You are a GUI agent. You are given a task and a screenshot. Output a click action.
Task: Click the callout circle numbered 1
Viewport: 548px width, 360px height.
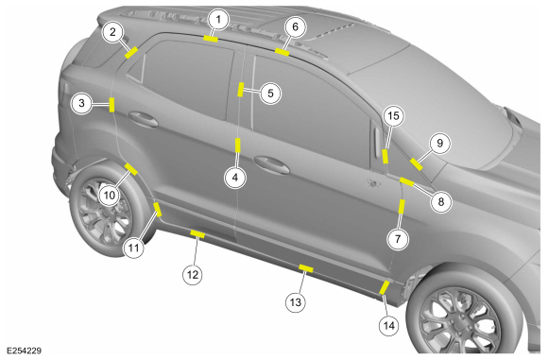click(x=218, y=19)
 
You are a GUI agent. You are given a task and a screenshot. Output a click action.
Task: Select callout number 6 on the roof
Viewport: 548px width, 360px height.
click(x=295, y=26)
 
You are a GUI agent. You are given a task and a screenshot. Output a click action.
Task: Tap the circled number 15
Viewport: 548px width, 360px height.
click(x=393, y=115)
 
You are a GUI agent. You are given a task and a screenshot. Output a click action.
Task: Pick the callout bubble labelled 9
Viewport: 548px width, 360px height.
click(x=439, y=143)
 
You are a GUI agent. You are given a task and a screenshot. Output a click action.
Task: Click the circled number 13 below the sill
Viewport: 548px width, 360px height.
click(x=296, y=302)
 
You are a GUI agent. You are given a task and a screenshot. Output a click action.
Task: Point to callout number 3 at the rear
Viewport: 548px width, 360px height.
click(x=81, y=103)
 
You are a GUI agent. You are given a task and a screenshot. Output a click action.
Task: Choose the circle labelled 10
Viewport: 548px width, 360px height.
click(x=110, y=195)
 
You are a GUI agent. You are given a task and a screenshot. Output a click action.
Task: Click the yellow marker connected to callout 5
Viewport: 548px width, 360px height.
click(x=240, y=89)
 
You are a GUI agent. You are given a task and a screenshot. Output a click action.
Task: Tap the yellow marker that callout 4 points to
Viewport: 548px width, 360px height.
click(x=238, y=146)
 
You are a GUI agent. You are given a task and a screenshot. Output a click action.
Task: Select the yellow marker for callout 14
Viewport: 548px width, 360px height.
click(x=385, y=287)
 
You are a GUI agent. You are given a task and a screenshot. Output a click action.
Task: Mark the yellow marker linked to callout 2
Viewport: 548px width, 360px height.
click(x=131, y=53)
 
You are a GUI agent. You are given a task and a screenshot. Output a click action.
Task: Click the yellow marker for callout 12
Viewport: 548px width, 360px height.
click(x=197, y=233)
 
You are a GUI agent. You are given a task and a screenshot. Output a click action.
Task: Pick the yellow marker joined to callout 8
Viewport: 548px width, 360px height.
click(x=407, y=181)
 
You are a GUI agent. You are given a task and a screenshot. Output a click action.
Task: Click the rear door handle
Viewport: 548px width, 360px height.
click(x=144, y=119)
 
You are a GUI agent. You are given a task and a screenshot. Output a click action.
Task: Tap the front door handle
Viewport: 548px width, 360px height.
click(x=271, y=164)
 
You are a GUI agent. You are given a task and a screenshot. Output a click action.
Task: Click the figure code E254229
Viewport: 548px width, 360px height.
click(x=25, y=351)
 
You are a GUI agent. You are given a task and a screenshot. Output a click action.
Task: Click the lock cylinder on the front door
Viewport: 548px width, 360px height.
click(x=373, y=183)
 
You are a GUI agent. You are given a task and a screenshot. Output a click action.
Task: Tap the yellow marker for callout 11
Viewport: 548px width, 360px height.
click(x=158, y=209)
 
